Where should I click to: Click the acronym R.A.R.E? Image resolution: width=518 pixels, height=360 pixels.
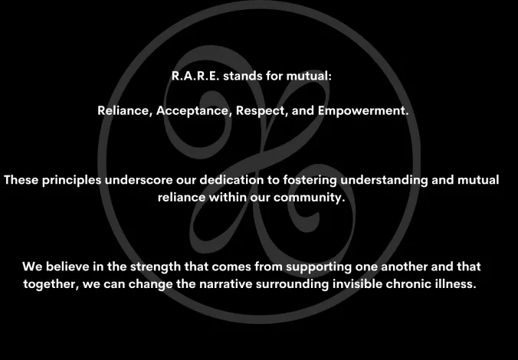195,76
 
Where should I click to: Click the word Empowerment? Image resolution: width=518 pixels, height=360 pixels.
363,111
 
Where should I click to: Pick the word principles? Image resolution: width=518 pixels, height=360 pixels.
71,180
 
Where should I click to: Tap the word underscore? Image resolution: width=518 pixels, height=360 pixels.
139,180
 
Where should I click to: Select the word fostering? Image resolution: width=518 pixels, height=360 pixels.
310,180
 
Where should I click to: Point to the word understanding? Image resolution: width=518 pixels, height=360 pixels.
384,180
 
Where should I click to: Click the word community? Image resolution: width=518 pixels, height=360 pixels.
309,198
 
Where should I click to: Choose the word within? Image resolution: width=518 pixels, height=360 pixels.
228,197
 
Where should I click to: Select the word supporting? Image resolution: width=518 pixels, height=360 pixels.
319,267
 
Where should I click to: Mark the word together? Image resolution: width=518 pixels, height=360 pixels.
51,284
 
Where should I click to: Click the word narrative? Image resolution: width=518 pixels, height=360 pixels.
225,283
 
